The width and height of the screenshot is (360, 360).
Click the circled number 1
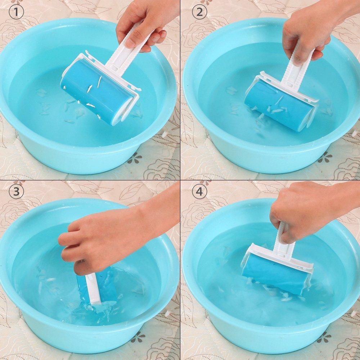click(x=16, y=12)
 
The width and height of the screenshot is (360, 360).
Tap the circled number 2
click(x=199, y=12)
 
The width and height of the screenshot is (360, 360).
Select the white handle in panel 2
click(x=298, y=69)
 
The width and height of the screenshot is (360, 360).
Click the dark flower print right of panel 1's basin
click(x=135, y=158)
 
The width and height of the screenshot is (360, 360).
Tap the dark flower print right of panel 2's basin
click(x=325, y=158)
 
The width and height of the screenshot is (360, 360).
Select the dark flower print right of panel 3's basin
click(x=138, y=338)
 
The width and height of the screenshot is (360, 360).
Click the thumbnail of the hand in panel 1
click(x=130, y=43)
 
